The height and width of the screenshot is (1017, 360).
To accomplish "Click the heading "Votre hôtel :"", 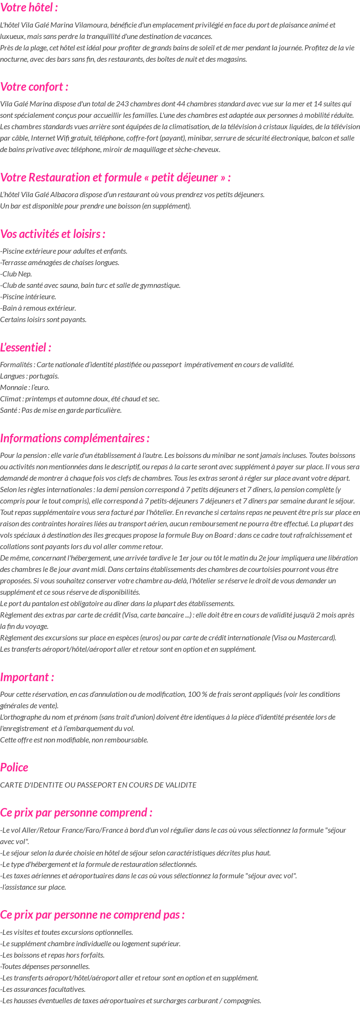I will (29, 8).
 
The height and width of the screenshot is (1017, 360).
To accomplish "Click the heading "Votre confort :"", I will (34, 87).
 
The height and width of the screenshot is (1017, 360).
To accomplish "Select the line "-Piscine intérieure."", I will (28, 297).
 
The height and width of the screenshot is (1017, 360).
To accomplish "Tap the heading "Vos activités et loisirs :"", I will (53, 234).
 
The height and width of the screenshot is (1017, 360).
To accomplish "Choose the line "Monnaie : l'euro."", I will (25, 388).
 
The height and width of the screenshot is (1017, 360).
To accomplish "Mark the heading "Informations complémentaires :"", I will (75, 438).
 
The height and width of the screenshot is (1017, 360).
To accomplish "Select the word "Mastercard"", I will (318, 638).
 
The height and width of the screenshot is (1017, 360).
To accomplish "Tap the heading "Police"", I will (14, 768).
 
